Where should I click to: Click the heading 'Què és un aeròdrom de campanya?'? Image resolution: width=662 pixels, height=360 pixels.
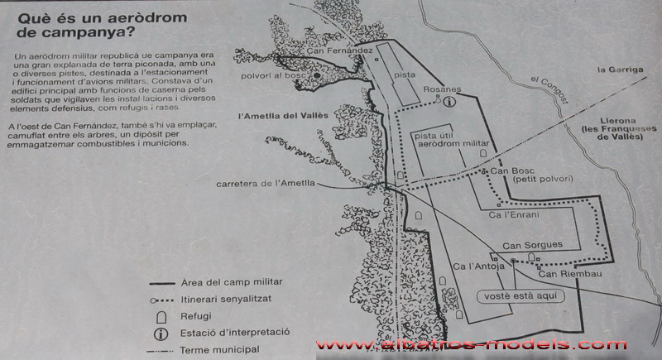point(102,25)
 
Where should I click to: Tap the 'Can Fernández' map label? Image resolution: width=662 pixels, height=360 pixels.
point(339,50)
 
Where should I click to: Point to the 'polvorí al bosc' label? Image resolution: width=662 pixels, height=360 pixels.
point(273,75)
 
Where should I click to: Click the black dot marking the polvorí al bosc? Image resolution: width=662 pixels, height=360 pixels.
point(317,75)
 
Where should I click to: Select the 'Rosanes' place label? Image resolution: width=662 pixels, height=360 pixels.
point(442,89)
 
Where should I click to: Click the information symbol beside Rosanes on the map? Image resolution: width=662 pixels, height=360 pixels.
point(449,101)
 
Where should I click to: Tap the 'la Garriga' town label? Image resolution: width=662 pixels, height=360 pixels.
point(620,70)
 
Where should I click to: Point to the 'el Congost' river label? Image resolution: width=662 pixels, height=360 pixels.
point(549,89)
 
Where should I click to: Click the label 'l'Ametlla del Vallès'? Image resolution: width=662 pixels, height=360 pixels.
point(283,116)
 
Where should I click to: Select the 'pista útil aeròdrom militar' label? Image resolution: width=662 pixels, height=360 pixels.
point(452,140)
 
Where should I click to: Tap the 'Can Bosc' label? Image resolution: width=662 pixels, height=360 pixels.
point(512,171)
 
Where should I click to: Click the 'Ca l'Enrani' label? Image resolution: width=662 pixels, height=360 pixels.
point(514,215)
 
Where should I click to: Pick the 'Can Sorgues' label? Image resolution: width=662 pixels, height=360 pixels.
point(532,245)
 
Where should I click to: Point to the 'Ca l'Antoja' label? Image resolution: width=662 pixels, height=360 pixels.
point(478,266)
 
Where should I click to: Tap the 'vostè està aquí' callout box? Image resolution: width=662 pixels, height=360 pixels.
point(520,296)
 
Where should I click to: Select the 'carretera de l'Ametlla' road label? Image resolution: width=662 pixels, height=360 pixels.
point(266,184)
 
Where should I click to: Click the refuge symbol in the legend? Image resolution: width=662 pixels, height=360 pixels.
point(161,317)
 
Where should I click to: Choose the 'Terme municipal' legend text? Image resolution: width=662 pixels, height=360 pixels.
point(219,350)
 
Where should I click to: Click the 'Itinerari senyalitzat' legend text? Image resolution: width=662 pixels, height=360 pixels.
point(226,300)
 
